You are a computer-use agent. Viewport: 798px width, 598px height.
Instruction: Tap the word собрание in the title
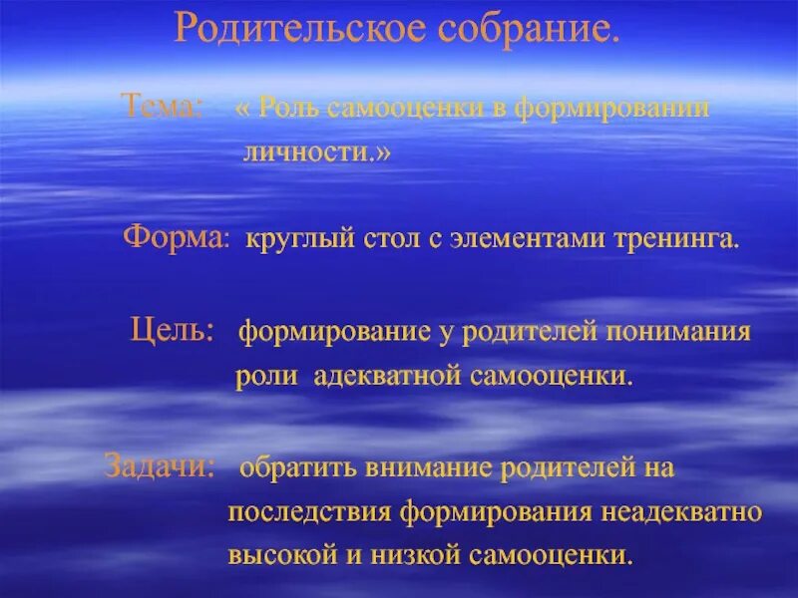(528, 31)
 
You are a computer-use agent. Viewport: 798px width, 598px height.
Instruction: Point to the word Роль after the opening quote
(288, 109)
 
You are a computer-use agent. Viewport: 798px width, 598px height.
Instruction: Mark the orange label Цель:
(172, 331)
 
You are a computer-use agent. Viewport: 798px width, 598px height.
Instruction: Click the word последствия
(310, 512)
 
